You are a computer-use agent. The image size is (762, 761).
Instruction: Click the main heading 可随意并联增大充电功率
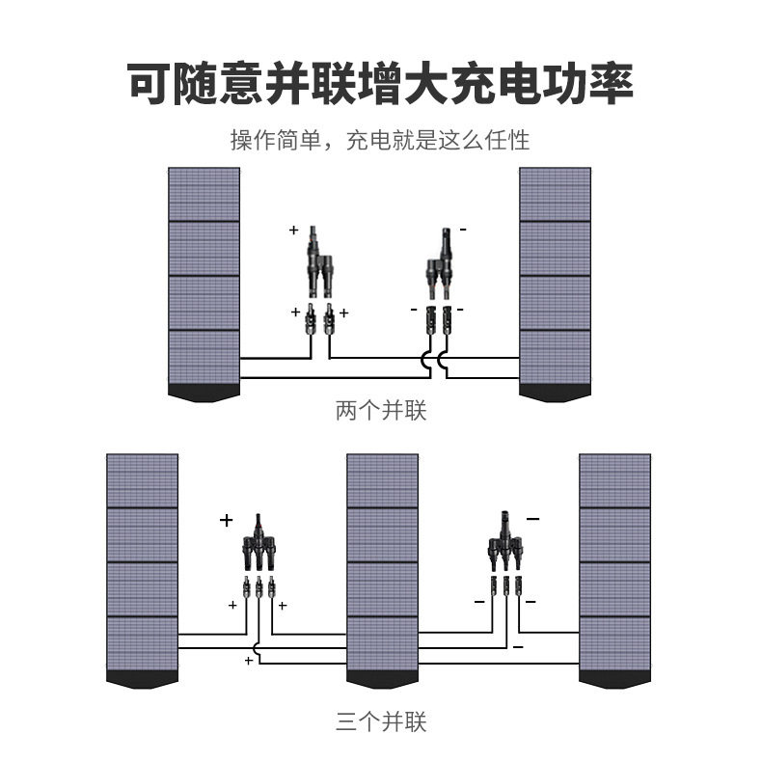point(380,83)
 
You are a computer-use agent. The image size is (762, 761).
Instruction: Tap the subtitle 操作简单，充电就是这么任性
point(380,141)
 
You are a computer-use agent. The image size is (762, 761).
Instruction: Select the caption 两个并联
point(380,412)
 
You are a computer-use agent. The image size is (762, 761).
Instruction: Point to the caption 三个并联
point(380,721)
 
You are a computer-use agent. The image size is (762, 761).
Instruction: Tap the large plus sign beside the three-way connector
point(227,521)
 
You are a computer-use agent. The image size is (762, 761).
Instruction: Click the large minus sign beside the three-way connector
point(532,519)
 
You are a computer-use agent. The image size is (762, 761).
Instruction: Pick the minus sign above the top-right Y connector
point(463,230)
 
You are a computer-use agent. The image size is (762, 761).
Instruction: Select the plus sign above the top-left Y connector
point(294,231)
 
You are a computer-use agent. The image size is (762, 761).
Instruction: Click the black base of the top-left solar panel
point(204,393)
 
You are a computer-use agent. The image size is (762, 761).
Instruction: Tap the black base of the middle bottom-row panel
point(382,680)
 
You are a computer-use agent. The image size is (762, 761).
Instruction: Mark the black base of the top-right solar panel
point(555,393)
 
